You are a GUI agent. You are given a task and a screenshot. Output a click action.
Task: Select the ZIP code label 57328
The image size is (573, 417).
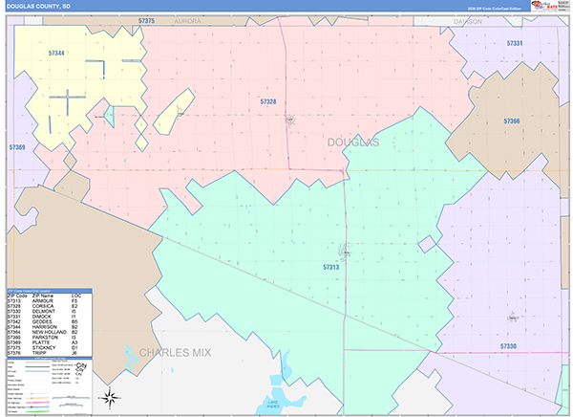(268, 100)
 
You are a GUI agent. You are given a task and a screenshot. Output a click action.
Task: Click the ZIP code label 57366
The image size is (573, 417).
(512, 121)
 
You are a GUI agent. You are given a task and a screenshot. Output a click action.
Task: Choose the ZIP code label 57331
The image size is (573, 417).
(515, 44)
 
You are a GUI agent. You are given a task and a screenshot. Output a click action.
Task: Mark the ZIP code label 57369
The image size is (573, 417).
(17, 147)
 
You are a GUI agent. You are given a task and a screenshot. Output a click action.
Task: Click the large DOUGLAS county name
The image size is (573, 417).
(353, 143)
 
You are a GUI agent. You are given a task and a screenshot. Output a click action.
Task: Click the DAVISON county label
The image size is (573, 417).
(468, 20)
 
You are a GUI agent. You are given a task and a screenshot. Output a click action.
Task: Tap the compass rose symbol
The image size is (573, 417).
(111, 396)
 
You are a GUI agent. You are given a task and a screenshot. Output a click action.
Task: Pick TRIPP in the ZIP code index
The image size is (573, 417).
(41, 350)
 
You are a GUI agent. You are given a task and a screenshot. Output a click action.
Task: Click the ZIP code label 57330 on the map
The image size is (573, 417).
(508, 345)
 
